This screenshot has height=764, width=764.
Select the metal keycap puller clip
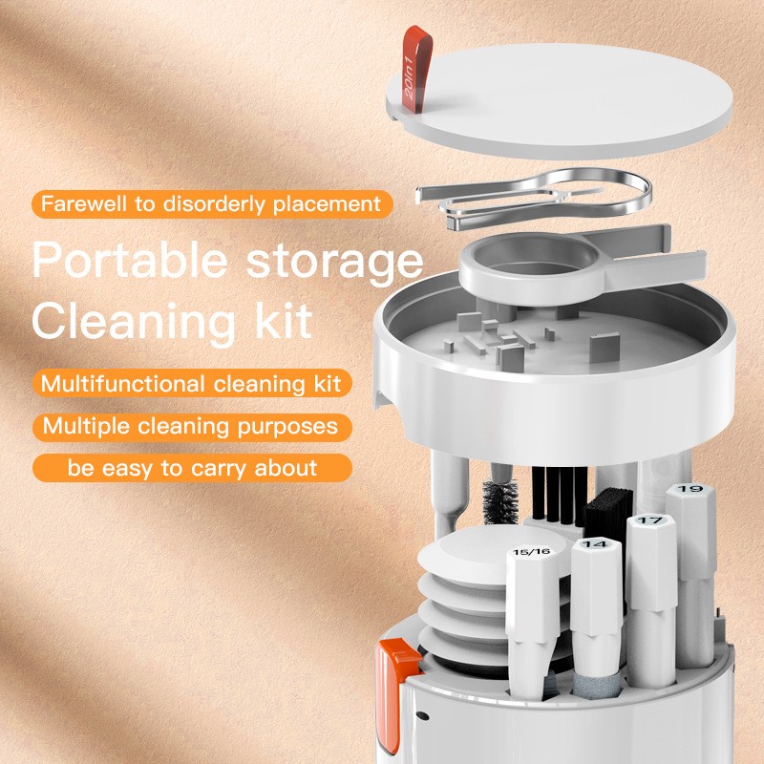(535, 195)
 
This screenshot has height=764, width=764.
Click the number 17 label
(649, 520)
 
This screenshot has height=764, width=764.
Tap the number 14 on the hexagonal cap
(595, 543)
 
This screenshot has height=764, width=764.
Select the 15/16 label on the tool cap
(531, 552)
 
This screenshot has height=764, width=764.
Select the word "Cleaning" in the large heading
(125, 320)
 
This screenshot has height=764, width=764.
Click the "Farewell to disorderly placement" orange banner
(211, 203)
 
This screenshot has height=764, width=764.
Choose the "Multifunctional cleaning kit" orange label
(192, 384)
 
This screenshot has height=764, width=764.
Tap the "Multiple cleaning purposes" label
(191, 426)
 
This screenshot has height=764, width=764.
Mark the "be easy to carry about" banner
(191, 468)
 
